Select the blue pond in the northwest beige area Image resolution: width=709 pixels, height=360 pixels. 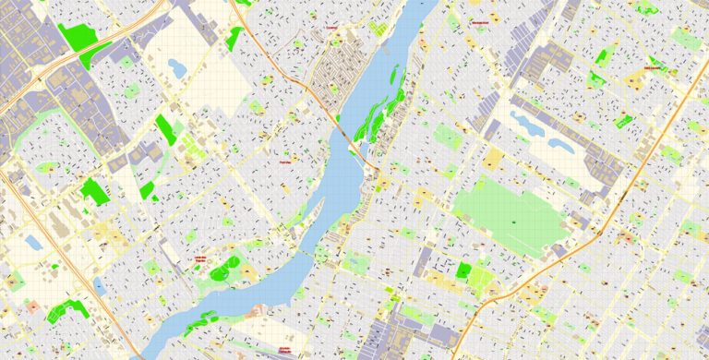tap(176, 66)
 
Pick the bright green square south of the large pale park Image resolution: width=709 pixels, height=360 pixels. tap(463, 270)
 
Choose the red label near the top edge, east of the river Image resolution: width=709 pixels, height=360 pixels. tap(478, 21)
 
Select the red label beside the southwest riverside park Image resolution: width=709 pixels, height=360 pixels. tap(198, 259)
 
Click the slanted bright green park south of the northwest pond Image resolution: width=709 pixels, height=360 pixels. tap(165, 128)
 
